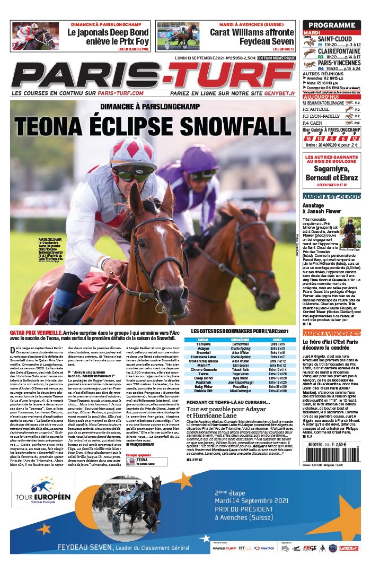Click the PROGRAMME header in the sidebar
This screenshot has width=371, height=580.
click(332, 25)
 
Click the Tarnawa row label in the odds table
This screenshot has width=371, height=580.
click(203, 344)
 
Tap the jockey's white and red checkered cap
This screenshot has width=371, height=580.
click(133, 153)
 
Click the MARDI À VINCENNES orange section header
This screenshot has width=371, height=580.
click(325, 333)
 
